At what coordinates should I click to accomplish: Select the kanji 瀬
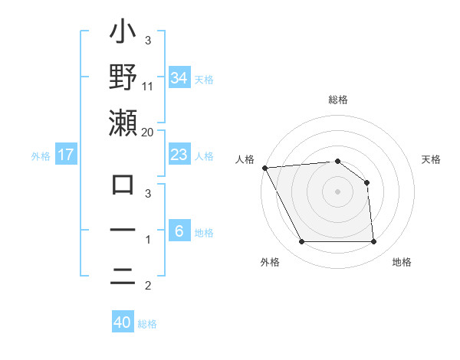(x=123, y=123)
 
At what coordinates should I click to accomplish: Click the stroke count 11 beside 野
(x=148, y=86)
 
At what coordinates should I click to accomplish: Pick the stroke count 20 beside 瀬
(x=148, y=132)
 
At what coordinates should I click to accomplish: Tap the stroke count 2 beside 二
(x=148, y=286)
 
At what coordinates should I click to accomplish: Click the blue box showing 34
(x=179, y=77)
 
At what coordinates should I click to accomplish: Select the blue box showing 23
(x=179, y=155)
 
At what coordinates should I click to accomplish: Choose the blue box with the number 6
(x=179, y=231)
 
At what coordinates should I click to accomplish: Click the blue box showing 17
(x=66, y=155)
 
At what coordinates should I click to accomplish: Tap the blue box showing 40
(x=122, y=322)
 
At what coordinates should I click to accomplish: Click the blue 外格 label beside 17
(x=41, y=155)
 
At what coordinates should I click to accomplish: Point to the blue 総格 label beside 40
(x=147, y=323)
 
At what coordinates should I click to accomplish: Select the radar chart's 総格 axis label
(x=337, y=100)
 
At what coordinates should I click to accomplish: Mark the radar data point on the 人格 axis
(x=264, y=168)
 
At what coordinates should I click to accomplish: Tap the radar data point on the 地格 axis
(x=373, y=242)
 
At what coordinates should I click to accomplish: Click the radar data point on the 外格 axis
(x=301, y=242)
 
